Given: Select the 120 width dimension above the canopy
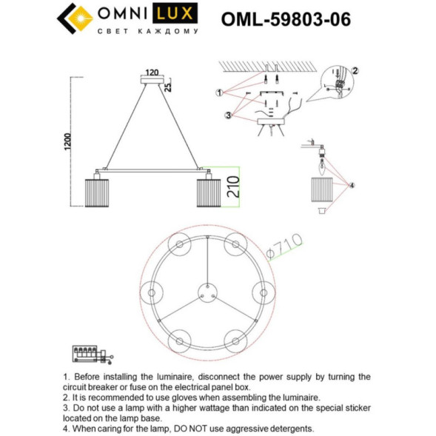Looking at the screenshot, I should [x=152, y=73].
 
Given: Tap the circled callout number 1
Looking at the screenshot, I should [x=219, y=93].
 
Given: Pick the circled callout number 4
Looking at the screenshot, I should [x=352, y=186].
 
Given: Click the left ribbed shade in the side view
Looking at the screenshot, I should [x=98, y=192].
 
